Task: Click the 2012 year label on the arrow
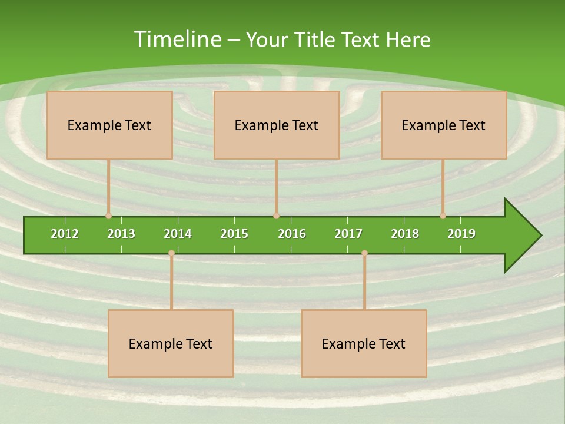click(65, 234)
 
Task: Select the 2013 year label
click(121, 234)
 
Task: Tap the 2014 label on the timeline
click(178, 234)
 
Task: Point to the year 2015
click(234, 234)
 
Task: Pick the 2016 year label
click(292, 234)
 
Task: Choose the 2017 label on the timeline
click(348, 234)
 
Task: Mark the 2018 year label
click(405, 234)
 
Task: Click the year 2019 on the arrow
click(461, 234)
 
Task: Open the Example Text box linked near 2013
click(109, 125)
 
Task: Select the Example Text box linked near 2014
click(171, 343)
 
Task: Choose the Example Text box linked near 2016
click(277, 125)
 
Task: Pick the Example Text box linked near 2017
click(364, 343)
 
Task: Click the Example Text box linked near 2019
click(444, 125)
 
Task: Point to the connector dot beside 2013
click(108, 216)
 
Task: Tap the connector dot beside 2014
click(171, 253)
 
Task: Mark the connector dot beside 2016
click(276, 216)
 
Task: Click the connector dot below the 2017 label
click(364, 253)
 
